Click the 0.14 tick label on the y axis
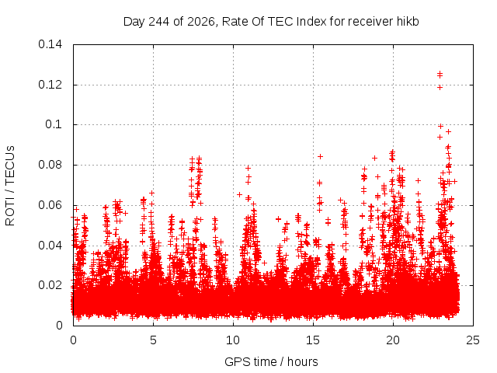pos(50,44)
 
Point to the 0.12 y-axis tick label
pos(50,85)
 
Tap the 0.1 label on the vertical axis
pos(54,124)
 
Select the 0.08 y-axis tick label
pos(50,165)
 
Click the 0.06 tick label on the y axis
pos(50,205)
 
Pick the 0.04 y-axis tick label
pos(50,246)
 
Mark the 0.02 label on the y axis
pos(50,285)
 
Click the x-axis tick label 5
pos(154,340)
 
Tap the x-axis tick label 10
pos(233,340)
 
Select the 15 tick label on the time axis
pos(313,340)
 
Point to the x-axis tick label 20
pos(393,340)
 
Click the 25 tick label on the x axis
pos(473,340)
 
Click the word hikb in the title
pos(408,22)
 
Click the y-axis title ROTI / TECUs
pos(10,186)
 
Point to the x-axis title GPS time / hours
pos(271,362)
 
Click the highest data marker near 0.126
pos(440,75)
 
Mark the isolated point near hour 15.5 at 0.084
pos(321,156)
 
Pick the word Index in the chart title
pos(311,22)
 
